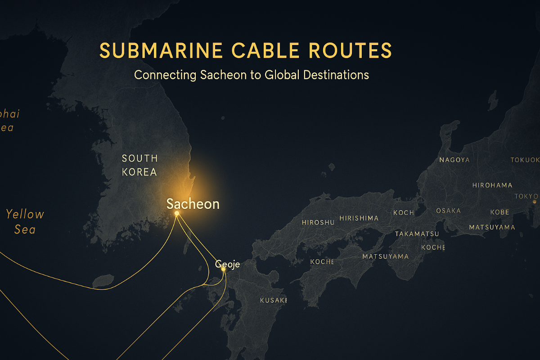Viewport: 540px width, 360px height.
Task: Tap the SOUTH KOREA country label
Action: pos(140,165)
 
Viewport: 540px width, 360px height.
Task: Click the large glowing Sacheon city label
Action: pos(193,204)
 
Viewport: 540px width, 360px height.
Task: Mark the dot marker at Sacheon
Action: pos(177,213)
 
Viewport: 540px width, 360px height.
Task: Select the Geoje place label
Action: pos(228,265)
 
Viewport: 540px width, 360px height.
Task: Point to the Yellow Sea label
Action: pos(25,221)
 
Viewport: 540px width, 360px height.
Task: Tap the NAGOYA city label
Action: pos(454,160)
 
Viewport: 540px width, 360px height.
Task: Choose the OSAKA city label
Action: pos(448,211)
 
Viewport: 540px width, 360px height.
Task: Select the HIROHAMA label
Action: pos(492,185)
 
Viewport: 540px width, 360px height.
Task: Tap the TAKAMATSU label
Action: pos(417,234)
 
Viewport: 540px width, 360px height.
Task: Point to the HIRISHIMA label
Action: pos(359,218)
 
